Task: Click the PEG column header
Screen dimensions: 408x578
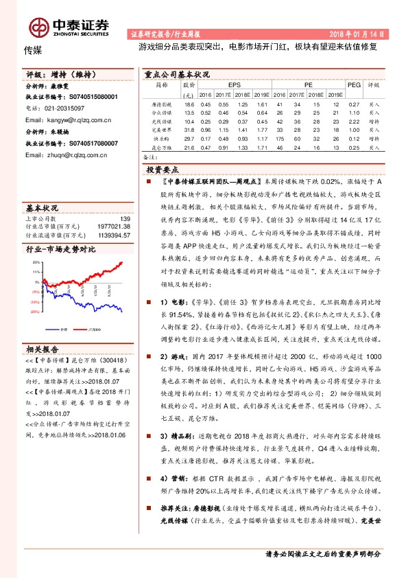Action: point(354,85)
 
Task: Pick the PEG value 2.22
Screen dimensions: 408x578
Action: point(355,121)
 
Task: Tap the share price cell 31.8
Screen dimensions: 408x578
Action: point(189,130)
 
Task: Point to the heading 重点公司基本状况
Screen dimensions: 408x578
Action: point(177,73)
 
